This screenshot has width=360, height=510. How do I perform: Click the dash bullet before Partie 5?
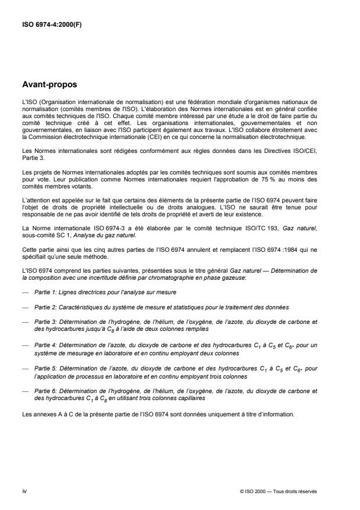pyautogui.click(x=23, y=368)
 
